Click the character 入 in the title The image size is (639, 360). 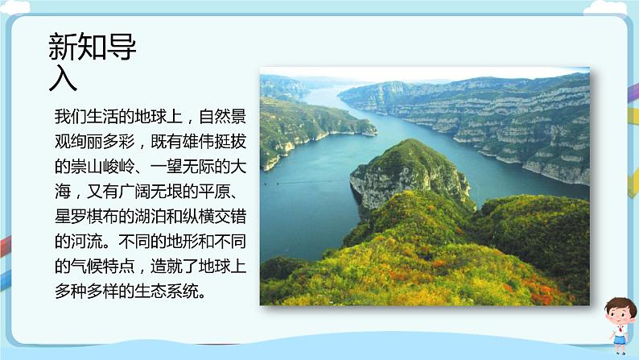point(64,79)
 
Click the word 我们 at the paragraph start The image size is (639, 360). point(65,118)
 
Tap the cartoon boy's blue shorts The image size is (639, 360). point(619,339)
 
